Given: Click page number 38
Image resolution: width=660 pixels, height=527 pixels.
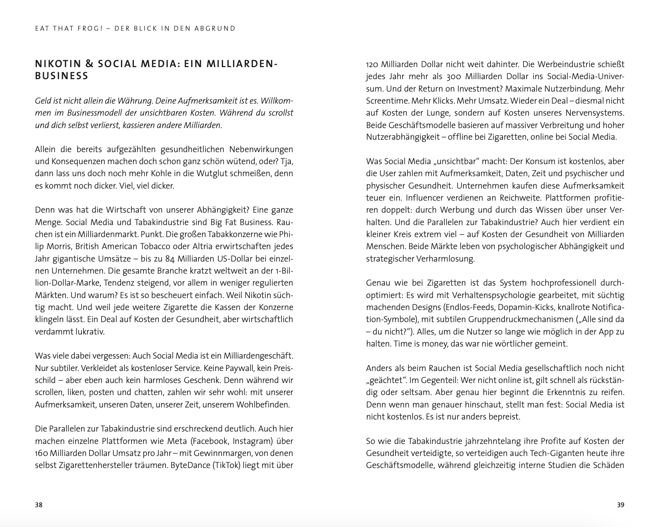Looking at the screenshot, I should point(38,505).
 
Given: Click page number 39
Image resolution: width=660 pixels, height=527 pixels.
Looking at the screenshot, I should point(620,505).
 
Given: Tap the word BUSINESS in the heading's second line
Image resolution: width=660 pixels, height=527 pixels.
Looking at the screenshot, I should point(62,76).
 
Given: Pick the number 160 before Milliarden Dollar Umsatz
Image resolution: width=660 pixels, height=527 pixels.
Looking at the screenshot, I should point(41,453).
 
